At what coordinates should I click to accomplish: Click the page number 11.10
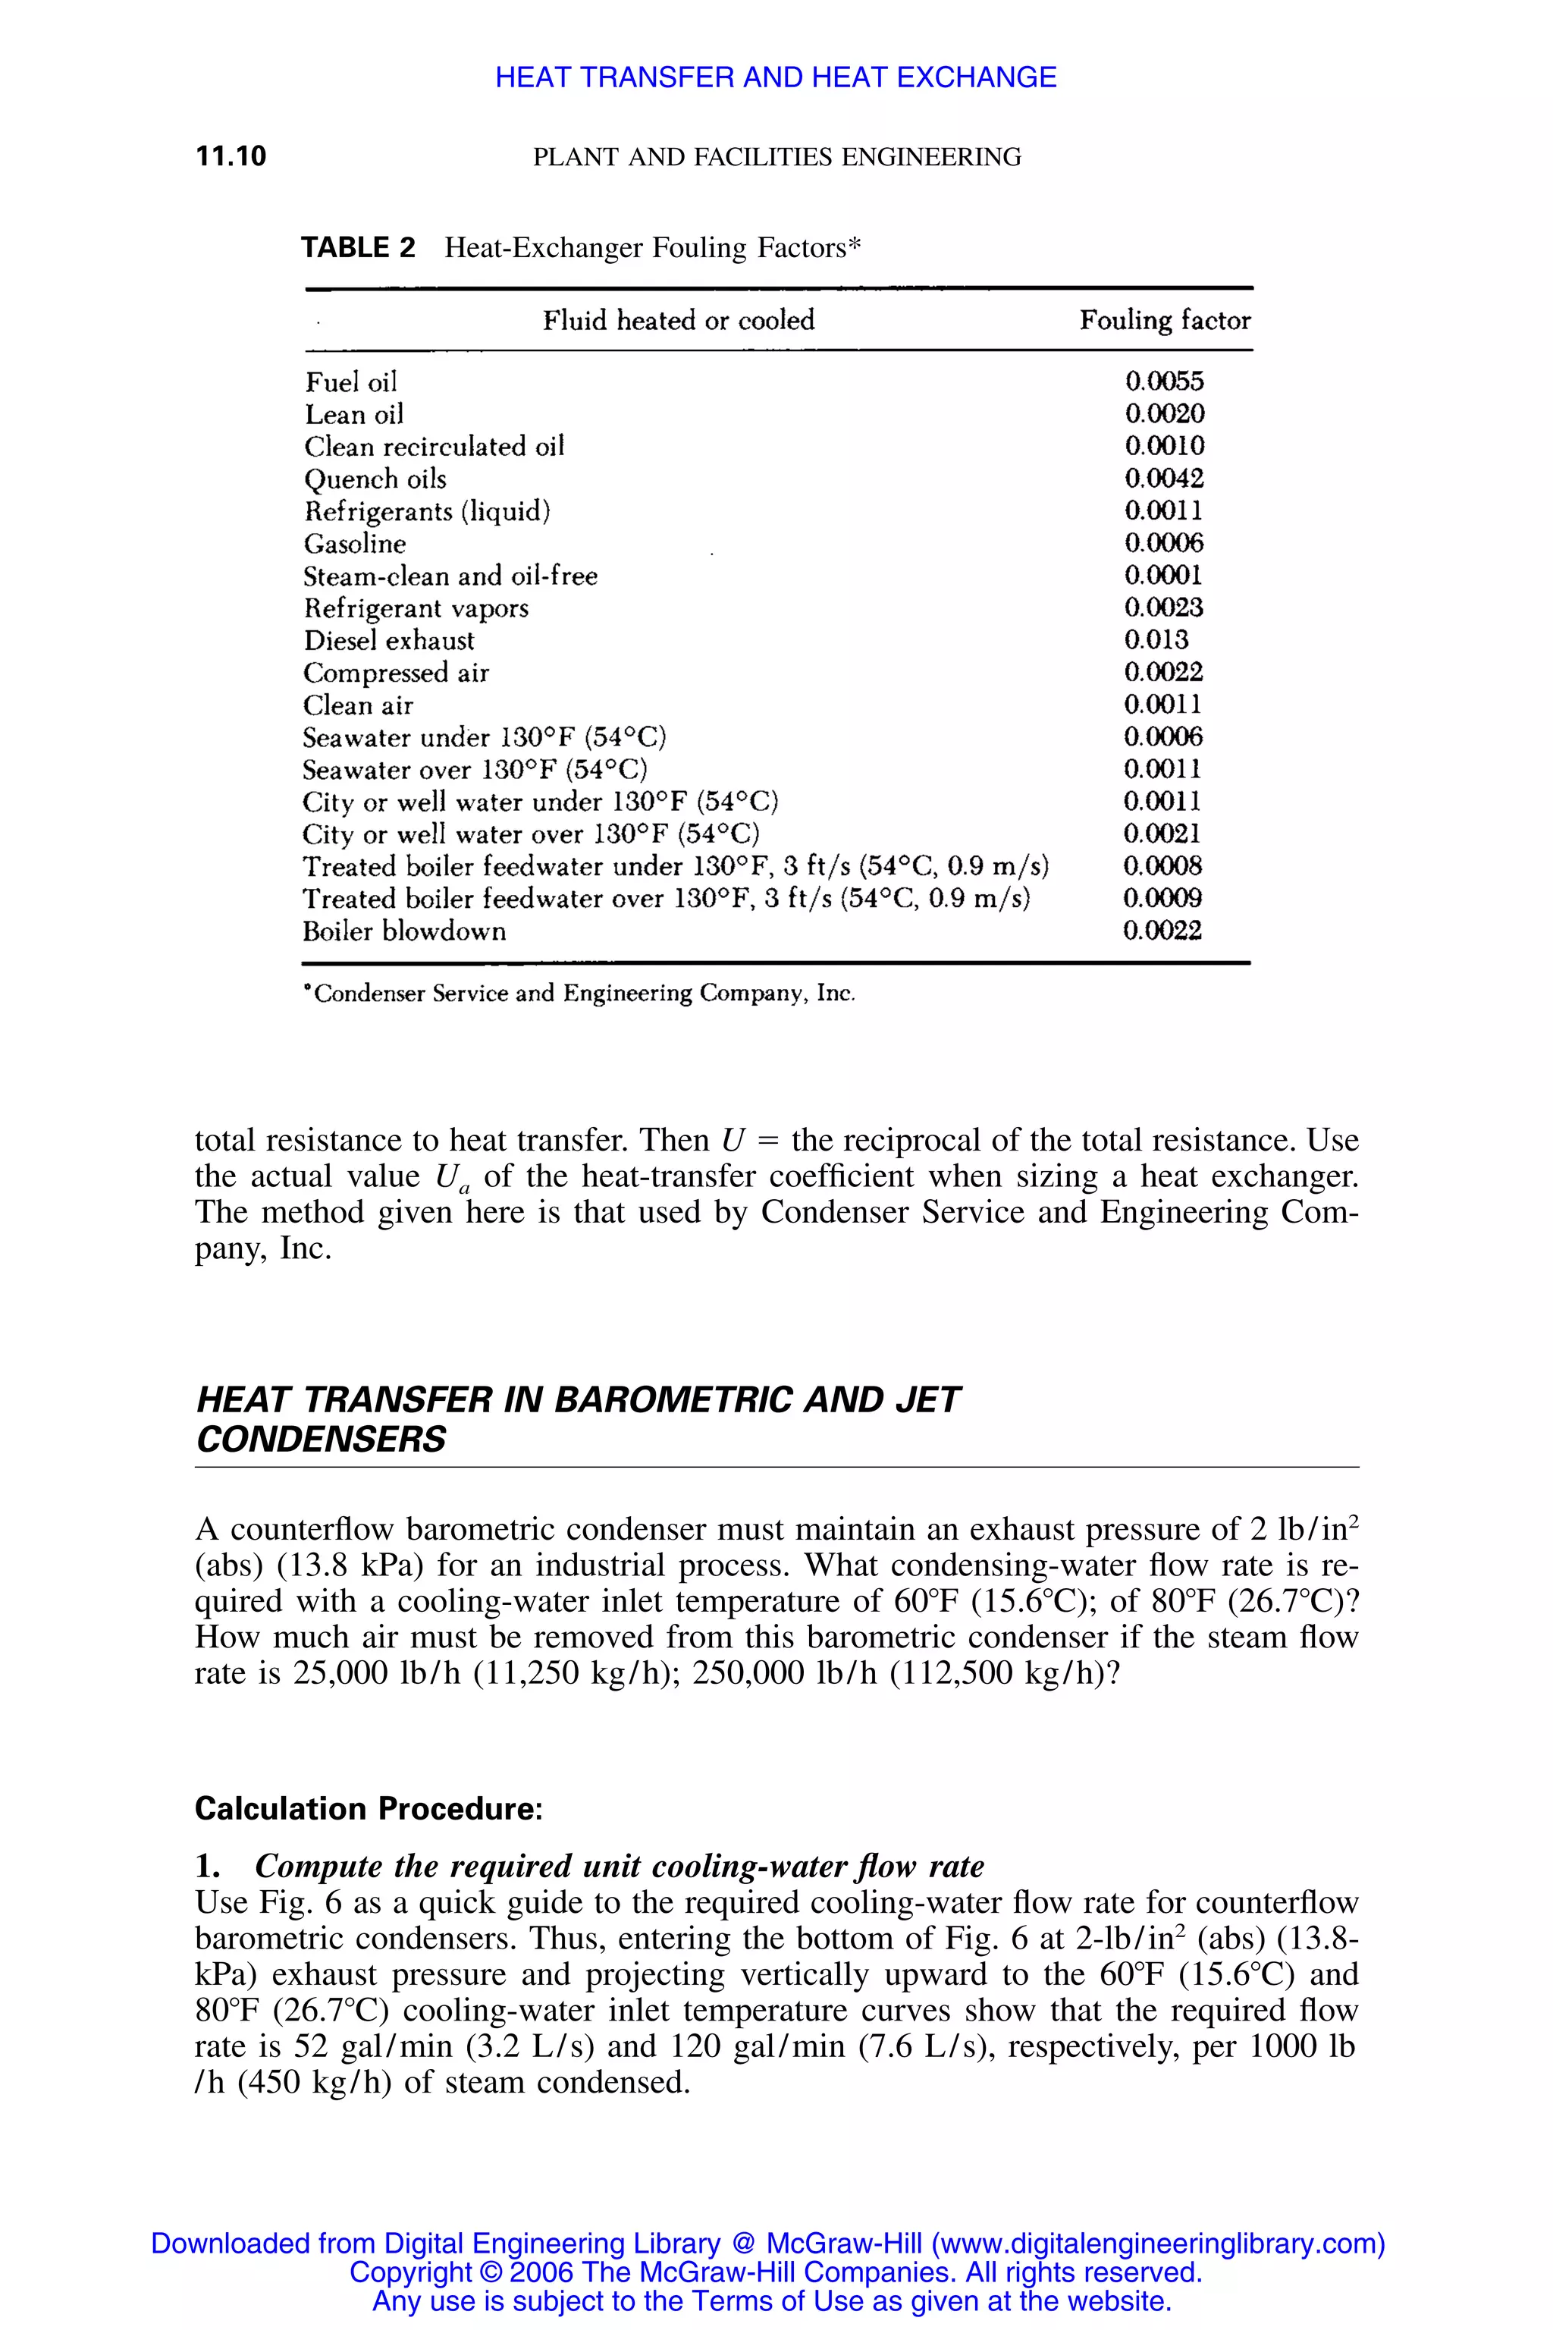tap(231, 156)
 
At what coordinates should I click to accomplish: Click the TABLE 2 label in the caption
tap(358, 248)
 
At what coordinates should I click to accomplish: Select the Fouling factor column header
tap(1165, 320)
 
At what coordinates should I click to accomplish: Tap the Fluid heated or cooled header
tap(679, 320)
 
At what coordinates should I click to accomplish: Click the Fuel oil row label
tap(350, 382)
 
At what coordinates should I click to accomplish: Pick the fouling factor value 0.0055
tap(1165, 382)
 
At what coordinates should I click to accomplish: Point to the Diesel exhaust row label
tap(388, 641)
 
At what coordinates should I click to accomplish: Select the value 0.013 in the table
tap(1156, 640)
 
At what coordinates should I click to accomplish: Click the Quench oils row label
tap(375, 479)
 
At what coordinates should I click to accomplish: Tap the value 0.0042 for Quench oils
tap(1165, 479)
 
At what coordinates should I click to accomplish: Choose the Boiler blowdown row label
tap(404, 932)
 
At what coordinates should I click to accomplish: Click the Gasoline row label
tap(355, 544)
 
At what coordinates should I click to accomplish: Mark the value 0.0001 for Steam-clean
tap(1164, 576)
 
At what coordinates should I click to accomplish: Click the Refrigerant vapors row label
tap(416, 608)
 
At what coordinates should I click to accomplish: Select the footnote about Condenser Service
tap(580, 994)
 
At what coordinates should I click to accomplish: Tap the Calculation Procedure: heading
tap(369, 1809)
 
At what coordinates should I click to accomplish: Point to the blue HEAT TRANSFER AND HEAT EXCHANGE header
tap(776, 77)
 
